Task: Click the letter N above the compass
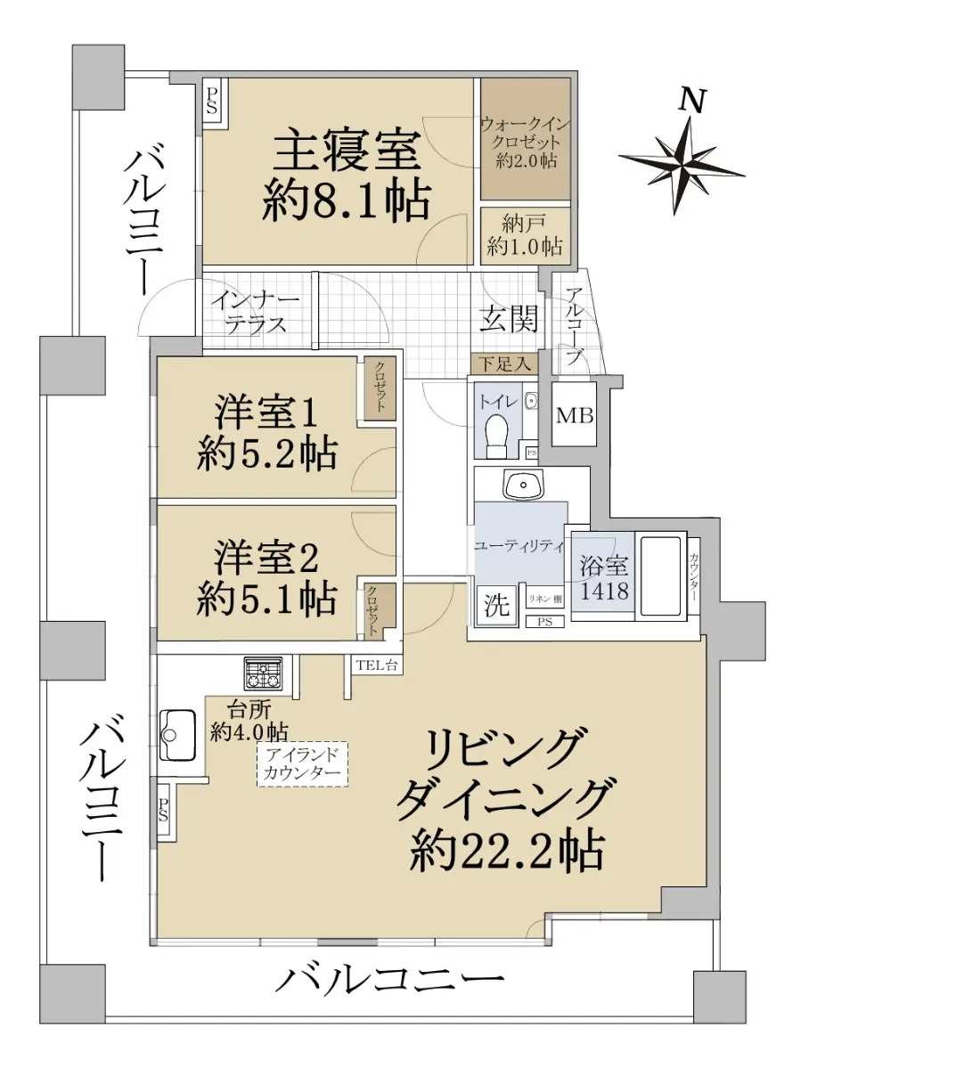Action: pos(692,100)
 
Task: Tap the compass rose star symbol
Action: pos(682,166)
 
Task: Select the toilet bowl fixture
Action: pos(497,437)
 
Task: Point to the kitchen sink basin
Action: pos(177,735)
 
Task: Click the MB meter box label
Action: pos(575,416)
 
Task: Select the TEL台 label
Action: pos(377,665)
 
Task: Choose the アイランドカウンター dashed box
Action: pos(302,764)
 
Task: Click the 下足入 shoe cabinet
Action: pos(504,364)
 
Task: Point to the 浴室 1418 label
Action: pos(604,578)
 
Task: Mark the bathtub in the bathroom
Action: pos(660,575)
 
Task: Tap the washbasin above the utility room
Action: pos(523,485)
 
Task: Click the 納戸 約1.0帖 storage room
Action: pos(525,235)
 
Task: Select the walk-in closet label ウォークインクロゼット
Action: pos(525,134)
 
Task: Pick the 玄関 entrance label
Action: pos(509,318)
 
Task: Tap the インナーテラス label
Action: pos(255,313)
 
